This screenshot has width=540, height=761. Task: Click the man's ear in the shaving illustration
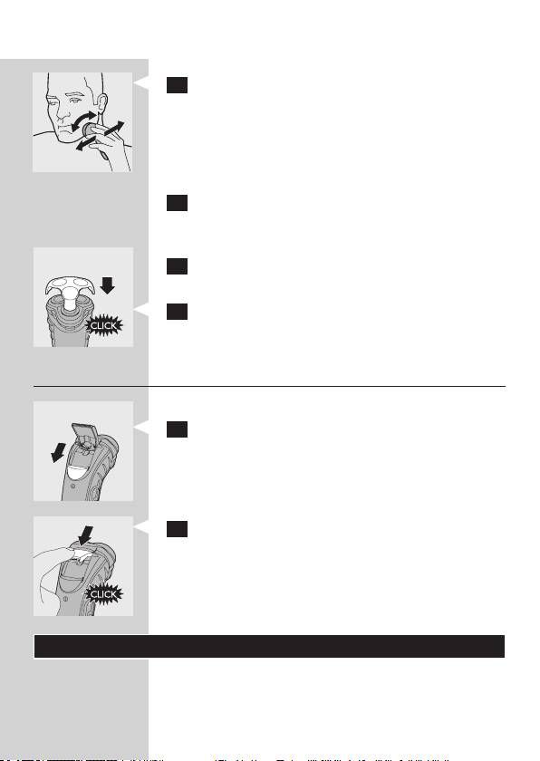click(x=101, y=103)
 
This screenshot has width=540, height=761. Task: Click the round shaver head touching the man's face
click(x=89, y=130)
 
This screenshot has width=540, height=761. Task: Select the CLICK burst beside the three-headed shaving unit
click(x=104, y=325)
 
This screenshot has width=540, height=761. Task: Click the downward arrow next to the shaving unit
click(x=107, y=285)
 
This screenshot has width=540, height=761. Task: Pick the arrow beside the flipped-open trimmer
click(x=58, y=453)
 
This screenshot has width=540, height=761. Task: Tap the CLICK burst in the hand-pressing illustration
click(x=104, y=594)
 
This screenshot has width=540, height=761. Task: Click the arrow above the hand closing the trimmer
click(x=85, y=535)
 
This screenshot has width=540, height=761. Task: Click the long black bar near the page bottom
click(x=269, y=647)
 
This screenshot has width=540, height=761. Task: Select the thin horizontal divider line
click(x=269, y=386)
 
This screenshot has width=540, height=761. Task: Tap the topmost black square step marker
click(x=177, y=85)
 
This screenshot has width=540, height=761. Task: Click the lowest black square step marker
click(x=177, y=529)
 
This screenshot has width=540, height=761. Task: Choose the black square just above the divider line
click(x=177, y=312)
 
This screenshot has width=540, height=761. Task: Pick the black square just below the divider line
click(x=177, y=429)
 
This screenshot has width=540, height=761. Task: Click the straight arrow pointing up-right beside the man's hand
click(x=114, y=128)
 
